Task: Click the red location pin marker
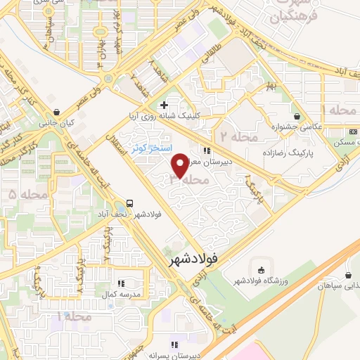179,165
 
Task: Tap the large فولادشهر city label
199,259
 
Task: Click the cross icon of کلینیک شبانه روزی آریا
164,105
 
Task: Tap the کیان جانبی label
57,122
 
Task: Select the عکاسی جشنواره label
298,128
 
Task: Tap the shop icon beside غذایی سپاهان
349,276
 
